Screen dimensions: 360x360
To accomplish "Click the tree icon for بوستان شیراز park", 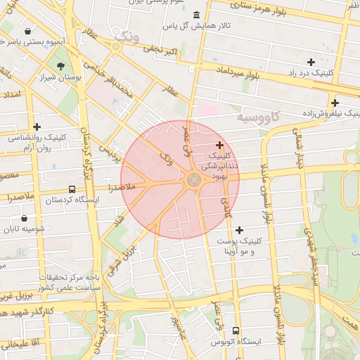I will click(x=62, y=65).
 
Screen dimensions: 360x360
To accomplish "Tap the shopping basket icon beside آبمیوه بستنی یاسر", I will click(x=27, y=32).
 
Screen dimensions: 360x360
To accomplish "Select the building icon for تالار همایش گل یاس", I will click(x=195, y=15).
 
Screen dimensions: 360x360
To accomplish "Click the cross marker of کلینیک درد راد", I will click(x=311, y=63).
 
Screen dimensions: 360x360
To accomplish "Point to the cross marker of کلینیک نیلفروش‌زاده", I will click(x=335, y=103).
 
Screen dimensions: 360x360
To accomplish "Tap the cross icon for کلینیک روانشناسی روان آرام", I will click(x=37, y=127).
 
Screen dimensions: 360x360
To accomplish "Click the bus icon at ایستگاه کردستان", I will click(x=72, y=189).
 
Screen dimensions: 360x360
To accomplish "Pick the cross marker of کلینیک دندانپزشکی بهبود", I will click(x=220, y=145).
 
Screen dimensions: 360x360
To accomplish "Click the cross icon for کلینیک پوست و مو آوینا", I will click(x=240, y=230).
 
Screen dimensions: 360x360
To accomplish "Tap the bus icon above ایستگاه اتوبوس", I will click(x=236, y=330).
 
